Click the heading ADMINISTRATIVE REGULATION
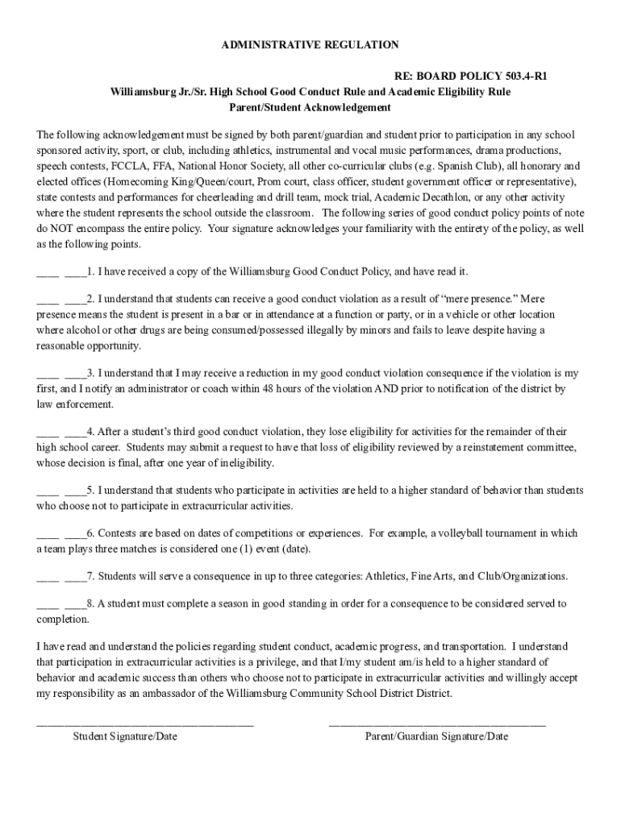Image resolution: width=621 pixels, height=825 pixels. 310,45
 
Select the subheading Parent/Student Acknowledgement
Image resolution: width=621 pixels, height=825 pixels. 310,107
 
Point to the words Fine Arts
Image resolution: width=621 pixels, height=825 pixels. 431,576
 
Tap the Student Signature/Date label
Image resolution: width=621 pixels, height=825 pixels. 125,736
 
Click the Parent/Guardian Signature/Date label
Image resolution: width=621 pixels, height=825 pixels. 436,736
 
